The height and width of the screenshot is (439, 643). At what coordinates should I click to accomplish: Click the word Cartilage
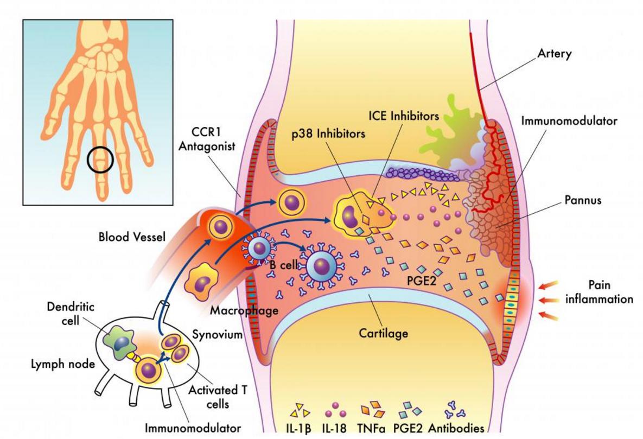point(383,333)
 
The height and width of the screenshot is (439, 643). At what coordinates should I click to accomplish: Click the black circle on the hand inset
point(100,160)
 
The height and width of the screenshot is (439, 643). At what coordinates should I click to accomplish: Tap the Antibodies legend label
point(456,428)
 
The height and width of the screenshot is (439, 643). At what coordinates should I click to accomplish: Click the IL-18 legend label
point(334,428)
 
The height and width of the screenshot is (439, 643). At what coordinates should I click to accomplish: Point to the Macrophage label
point(244,311)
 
